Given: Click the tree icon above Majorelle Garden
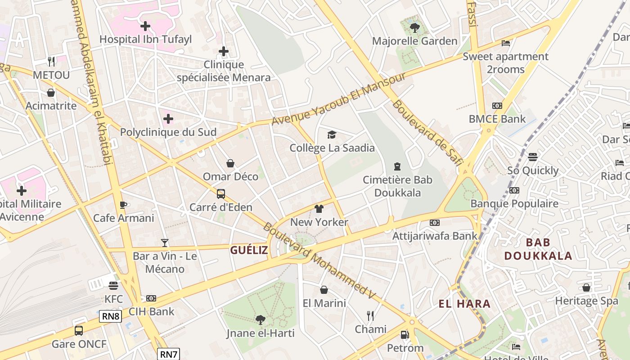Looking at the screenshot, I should tap(414, 28).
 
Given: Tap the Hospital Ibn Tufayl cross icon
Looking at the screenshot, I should tap(145, 26).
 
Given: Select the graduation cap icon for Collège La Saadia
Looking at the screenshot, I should tap(332, 135).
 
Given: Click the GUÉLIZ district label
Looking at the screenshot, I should tap(249, 250).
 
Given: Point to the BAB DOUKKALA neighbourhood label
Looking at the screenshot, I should tap(538, 249).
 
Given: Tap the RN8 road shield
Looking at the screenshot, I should tap(111, 316).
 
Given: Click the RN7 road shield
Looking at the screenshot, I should tap(169, 354).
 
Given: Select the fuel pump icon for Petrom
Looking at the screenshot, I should tap(405, 335).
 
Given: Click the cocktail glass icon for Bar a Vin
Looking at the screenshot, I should tap(165, 243).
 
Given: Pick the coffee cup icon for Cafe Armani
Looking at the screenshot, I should tap(123, 205).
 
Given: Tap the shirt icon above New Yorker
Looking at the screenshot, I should tap(319, 209).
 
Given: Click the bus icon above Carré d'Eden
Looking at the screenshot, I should tap(220, 194).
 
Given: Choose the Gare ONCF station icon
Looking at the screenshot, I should tap(79, 331).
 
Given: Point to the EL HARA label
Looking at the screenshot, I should tap(464, 304).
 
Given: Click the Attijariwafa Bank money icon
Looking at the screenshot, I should tap(435, 223).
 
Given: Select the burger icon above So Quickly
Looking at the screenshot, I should tap(533, 157).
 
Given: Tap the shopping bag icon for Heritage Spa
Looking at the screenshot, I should tap(586, 287).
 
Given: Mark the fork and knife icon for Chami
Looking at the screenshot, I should tap(370, 315).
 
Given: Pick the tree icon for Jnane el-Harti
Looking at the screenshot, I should tap(260, 320).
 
